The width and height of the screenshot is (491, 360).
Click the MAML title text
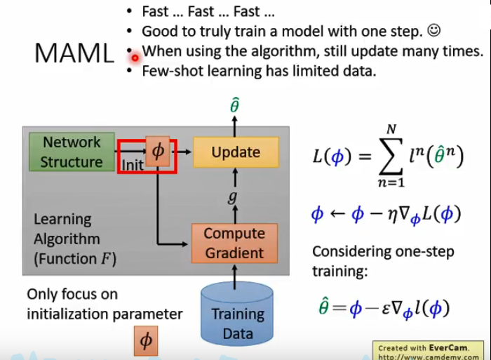(x=74, y=53)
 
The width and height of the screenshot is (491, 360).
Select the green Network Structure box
(x=71, y=152)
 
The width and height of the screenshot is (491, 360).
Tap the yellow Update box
(x=235, y=152)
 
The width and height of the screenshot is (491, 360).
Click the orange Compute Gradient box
(x=234, y=243)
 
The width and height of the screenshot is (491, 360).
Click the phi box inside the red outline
(x=157, y=152)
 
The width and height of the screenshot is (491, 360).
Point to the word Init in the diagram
(x=133, y=166)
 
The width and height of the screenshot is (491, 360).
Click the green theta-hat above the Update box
(x=235, y=106)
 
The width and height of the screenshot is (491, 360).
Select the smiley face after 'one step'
(x=433, y=31)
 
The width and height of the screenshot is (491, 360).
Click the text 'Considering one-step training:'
(x=383, y=260)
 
